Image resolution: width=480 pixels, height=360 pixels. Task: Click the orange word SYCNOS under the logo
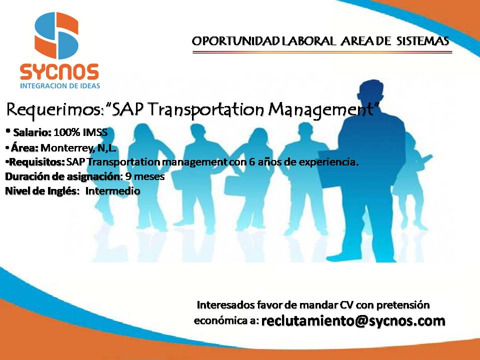tap(59, 72)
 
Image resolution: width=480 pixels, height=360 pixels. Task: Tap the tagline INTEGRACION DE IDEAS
tap(59, 85)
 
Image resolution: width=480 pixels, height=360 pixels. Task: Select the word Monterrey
tap(65, 148)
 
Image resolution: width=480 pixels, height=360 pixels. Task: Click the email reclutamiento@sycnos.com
tap(353, 320)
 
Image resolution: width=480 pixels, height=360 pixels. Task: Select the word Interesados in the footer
tap(226, 304)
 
